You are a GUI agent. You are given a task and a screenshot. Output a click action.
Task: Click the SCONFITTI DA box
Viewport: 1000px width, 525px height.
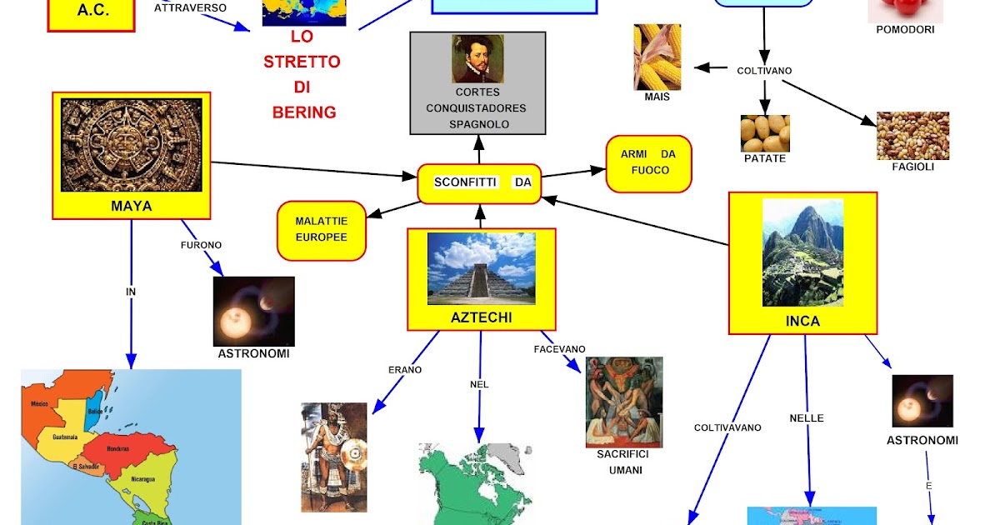479,183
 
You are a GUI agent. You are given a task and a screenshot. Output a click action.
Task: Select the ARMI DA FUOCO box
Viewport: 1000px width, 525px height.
649,163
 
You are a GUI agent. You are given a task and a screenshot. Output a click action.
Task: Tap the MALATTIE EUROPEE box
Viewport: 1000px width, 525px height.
322,229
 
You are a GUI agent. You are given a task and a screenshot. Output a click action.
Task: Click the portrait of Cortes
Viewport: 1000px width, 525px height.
477,58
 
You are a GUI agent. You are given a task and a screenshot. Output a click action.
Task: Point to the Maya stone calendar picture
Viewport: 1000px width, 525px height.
132,144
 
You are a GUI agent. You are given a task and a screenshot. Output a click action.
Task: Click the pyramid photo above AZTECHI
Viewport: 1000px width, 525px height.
481,267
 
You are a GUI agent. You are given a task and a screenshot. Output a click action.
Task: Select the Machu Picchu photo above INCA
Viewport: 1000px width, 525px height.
802,252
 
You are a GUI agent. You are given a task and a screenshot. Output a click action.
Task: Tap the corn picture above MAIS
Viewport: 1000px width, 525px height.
657,57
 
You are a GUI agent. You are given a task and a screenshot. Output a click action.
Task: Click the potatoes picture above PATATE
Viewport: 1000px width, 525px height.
765,133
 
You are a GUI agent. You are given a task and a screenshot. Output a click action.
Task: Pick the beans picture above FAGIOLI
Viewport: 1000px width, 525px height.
912,135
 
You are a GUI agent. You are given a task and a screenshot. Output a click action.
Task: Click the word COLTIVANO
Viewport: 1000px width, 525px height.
764,71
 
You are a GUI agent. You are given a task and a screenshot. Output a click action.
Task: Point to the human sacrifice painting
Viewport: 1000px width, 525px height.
623,402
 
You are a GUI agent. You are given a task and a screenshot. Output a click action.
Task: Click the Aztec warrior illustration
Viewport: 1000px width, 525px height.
334,457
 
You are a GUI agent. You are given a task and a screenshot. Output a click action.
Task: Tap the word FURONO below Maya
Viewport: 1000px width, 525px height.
202,246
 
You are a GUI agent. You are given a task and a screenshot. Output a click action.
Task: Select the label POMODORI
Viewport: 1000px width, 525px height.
905,29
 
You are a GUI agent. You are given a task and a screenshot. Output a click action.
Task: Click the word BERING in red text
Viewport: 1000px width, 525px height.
304,112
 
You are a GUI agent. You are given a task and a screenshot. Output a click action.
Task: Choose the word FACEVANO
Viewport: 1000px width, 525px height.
560,348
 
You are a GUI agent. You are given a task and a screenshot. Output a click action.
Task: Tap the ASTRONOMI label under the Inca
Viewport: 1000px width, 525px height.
922,440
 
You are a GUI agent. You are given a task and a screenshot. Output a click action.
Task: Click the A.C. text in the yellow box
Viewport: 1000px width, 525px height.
92,11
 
